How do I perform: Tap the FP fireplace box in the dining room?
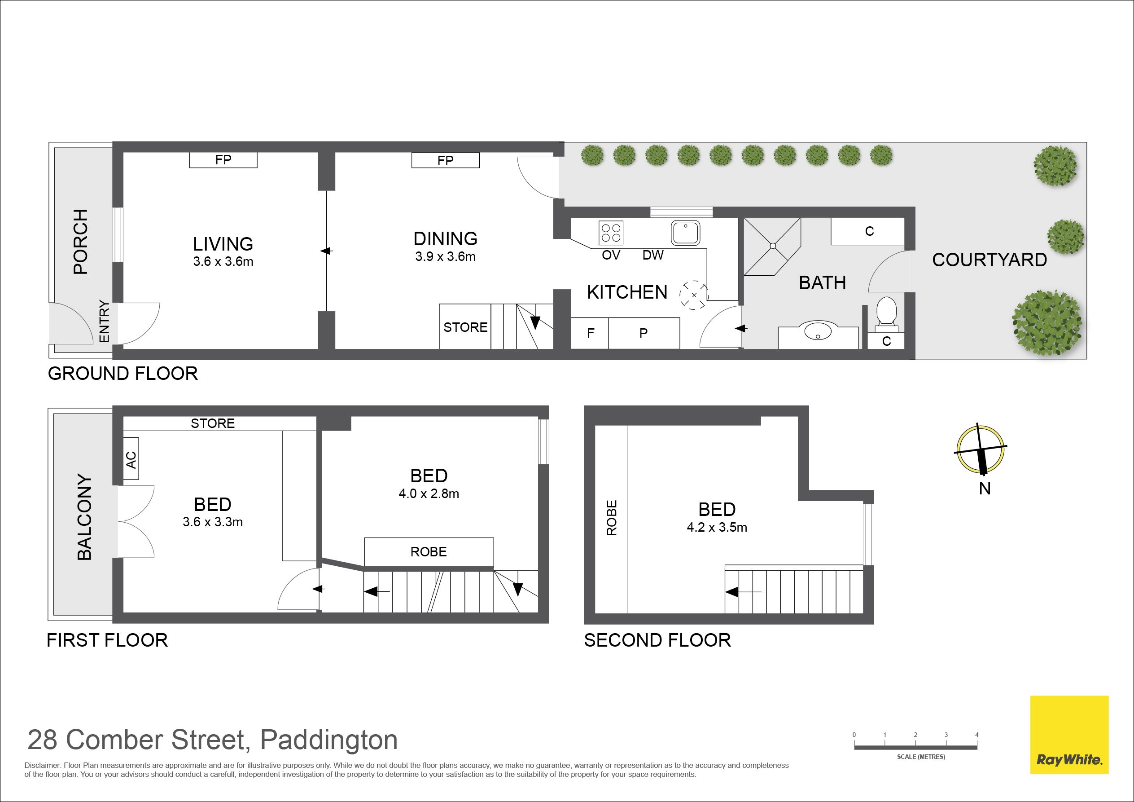(x=446, y=160)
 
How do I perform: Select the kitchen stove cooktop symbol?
(x=611, y=233)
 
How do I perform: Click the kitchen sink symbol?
(x=686, y=233)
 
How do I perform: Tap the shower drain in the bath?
(x=773, y=246)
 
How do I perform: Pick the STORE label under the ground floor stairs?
(x=465, y=327)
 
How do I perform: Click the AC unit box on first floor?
(x=131, y=458)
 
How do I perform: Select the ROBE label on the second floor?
(x=612, y=518)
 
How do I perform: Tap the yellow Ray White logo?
(x=1069, y=735)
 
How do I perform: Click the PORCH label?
(x=80, y=242)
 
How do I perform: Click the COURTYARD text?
(x=990, y=260)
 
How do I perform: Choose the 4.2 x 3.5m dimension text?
(x=717, y=527)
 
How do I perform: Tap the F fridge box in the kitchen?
(x=590, y=333)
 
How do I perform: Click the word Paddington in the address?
(x=329, y=740)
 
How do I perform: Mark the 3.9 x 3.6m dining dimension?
(x=446, y=256)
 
